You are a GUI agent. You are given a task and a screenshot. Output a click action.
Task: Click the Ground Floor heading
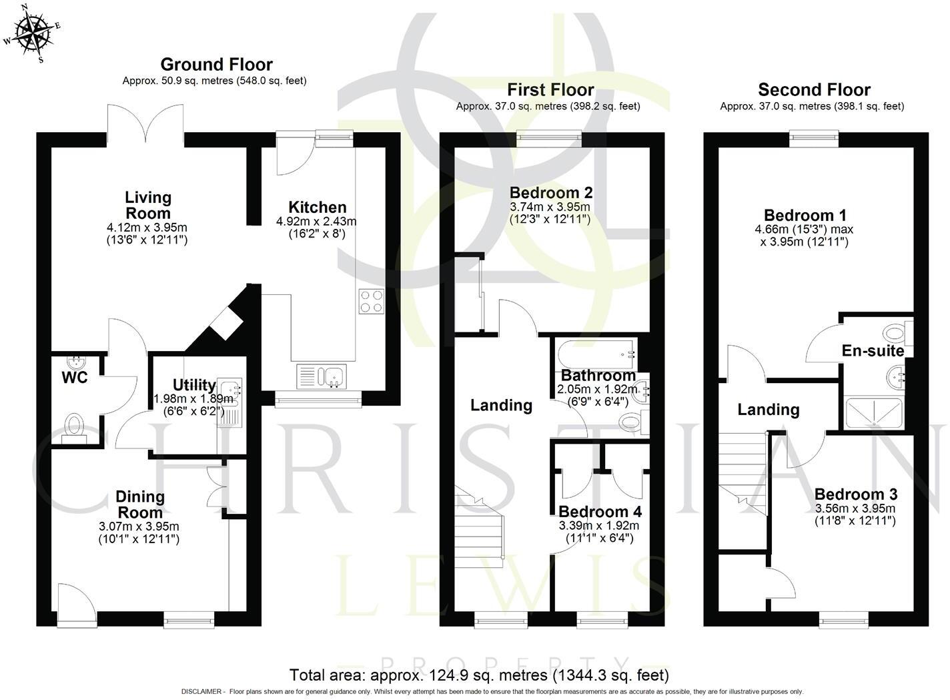[x=216, y=65]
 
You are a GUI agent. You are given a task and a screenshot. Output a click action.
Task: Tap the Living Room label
[x=148, y=206]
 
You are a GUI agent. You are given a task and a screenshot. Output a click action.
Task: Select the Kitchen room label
[x=317, y=208]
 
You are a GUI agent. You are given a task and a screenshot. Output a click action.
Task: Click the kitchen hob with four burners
[x=372, y=301]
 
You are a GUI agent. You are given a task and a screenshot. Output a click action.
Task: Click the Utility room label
[x=193, y=385]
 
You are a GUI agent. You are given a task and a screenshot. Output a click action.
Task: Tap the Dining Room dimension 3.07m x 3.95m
[x=139, y=527]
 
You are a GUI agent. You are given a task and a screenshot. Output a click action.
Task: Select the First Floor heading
[x=550, y=89]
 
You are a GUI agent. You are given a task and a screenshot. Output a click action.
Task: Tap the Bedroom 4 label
[x=600, y=512]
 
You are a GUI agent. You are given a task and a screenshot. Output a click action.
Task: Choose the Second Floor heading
[x=814, y=89]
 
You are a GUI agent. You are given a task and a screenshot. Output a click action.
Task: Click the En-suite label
[x=872, y=351]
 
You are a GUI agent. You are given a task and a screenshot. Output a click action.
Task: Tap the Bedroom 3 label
[x=855, y=494]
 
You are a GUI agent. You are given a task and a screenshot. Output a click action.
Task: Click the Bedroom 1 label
[x=805, y=216]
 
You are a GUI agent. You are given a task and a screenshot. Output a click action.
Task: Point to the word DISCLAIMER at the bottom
[x=203, y=692]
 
